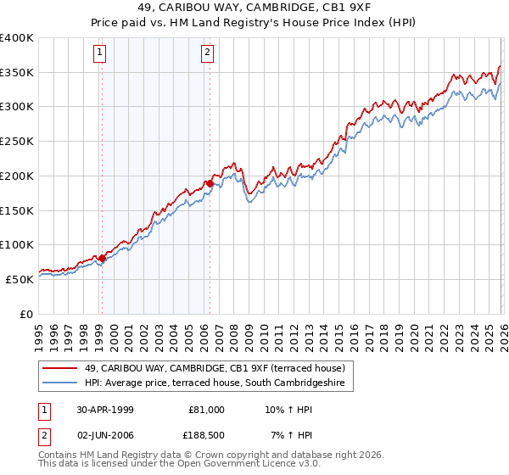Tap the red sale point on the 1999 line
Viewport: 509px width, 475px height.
click(103, 258)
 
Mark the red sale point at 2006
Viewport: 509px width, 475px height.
click(210, 182)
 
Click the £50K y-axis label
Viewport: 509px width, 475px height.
click(20, 279)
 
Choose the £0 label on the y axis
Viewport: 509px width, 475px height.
click(26, 314)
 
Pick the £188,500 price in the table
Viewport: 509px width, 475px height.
click(206, 436)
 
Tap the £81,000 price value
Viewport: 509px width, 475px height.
click(206, 410)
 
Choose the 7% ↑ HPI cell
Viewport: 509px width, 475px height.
click(287, 436)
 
